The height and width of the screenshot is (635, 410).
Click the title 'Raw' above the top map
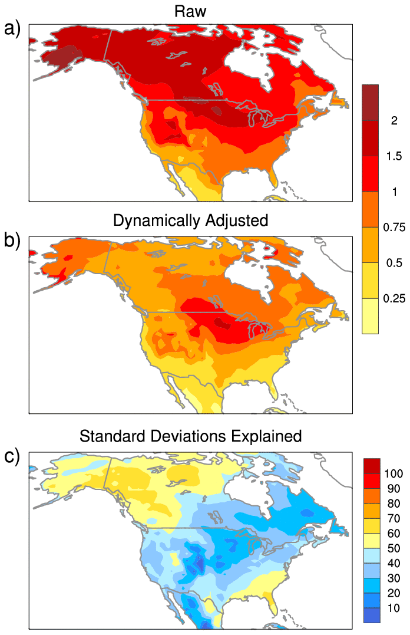click(x=190, y=11)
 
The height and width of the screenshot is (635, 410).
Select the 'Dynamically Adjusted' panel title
click(x=190, y=221)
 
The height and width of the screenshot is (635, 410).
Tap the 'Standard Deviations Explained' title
click(x=190, y=436)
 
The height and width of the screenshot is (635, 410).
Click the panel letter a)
click(x=13, y=28)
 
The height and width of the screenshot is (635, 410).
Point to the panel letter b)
click(x=13, y=240)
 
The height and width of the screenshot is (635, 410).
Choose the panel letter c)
click(x=13, y=456)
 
